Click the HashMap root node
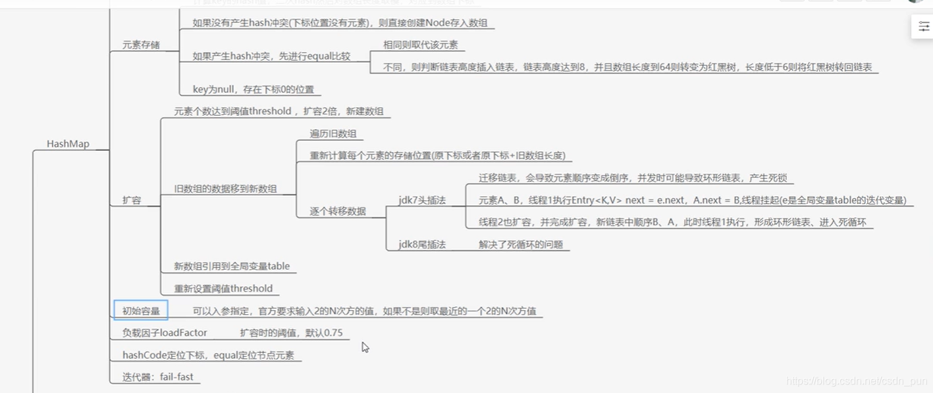(x=68, y=144)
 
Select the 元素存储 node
(x=141, y=45)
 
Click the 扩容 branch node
(x=132, y=200)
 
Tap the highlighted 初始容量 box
(x=141, y=310)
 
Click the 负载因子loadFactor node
(x=165, y=332)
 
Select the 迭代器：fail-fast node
(x=158, y=377)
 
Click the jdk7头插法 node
(x=422, y=200)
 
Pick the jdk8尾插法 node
(x=422, y=244)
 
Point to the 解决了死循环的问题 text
(x=521, y=244)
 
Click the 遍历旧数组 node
(x=333, y=134)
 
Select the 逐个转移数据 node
(x=338, y=211)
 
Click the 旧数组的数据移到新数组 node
(x=225, y=189)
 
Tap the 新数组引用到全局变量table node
(x=232, y=266)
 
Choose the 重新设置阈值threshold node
(x=223, y=288)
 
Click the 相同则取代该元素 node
(x=421, y=45)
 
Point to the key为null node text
(x=253, y=89)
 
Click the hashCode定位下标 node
(x=208, y=355)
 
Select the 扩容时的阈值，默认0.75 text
(x=291, y=332)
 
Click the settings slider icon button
(x=924, y=26)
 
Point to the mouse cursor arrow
(x=365, y=346)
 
